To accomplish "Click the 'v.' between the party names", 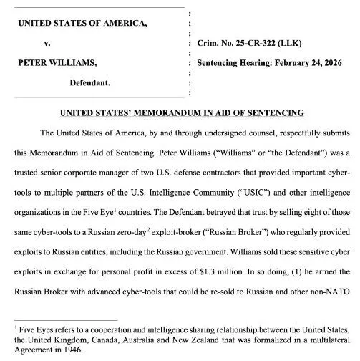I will (x=47, y=44).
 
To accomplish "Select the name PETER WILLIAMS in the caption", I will (x=58, y=63).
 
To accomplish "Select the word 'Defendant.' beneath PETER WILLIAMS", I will (x=89, y=83).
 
